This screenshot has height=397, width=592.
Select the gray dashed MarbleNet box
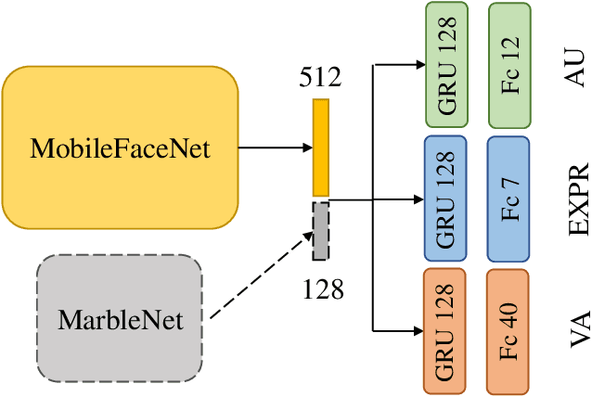(120, 318)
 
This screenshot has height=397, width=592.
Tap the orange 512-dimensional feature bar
(320, 147)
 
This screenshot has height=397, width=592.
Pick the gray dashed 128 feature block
(320, 230)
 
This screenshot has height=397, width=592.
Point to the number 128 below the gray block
(323, 289)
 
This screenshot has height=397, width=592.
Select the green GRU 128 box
(450, 65)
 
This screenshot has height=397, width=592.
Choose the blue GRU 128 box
(450, 198)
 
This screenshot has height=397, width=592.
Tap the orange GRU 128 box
(449, 329)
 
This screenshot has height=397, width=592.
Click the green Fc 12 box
(509, 65)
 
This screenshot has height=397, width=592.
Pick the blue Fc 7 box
(509, 198)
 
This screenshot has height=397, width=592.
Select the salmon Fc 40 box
(509, 329)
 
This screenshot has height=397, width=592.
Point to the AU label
(575, 65)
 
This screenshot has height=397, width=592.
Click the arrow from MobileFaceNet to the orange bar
(274, 147)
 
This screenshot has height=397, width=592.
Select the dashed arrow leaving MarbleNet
(260, 276)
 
